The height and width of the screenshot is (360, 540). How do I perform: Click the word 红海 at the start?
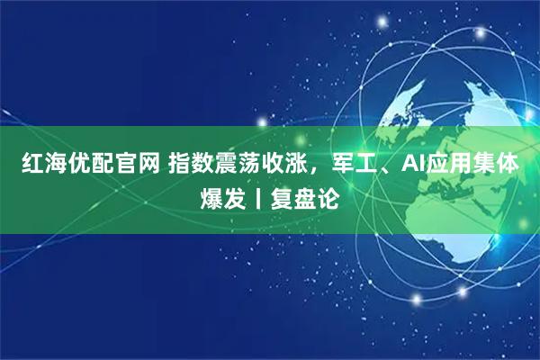44,166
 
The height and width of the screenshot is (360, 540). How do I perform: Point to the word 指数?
192,166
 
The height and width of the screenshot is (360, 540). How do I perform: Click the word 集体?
494,166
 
